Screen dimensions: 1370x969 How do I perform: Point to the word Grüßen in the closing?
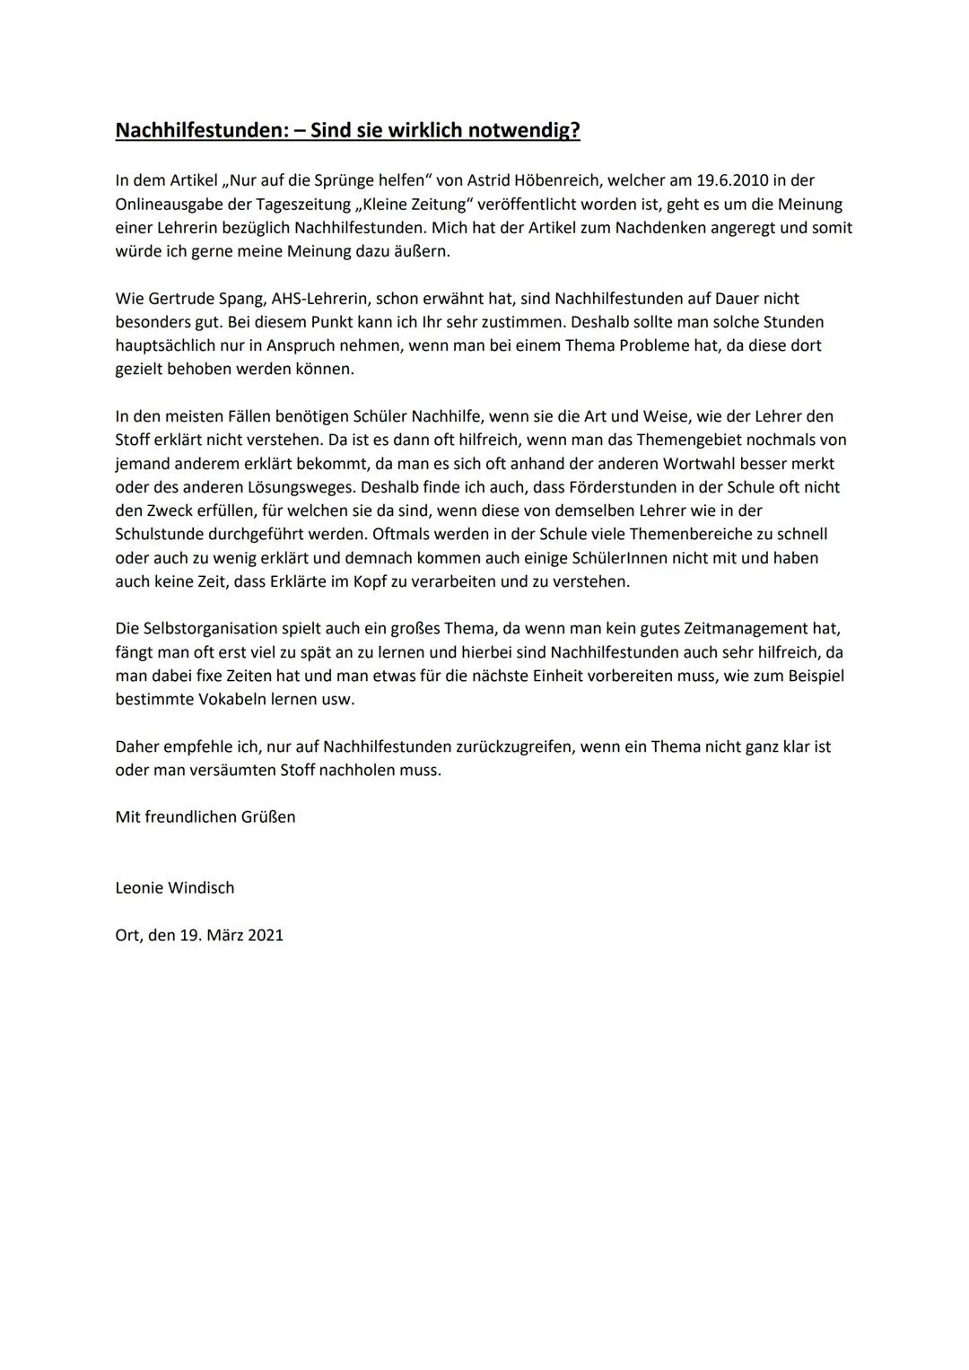pyautogui.click(x=267, y=816)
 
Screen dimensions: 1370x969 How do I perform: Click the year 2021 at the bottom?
pyautogui.click(x=266, y=935)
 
